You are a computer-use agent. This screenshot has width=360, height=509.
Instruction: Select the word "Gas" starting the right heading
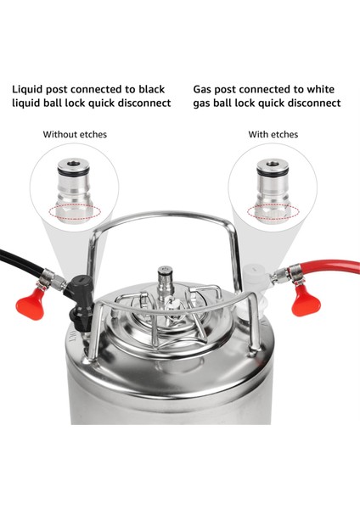click(x=205, y=88)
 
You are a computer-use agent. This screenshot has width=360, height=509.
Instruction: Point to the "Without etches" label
click(x=76, y=134)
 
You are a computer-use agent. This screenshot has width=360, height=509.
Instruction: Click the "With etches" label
click(x=273, y=134)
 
